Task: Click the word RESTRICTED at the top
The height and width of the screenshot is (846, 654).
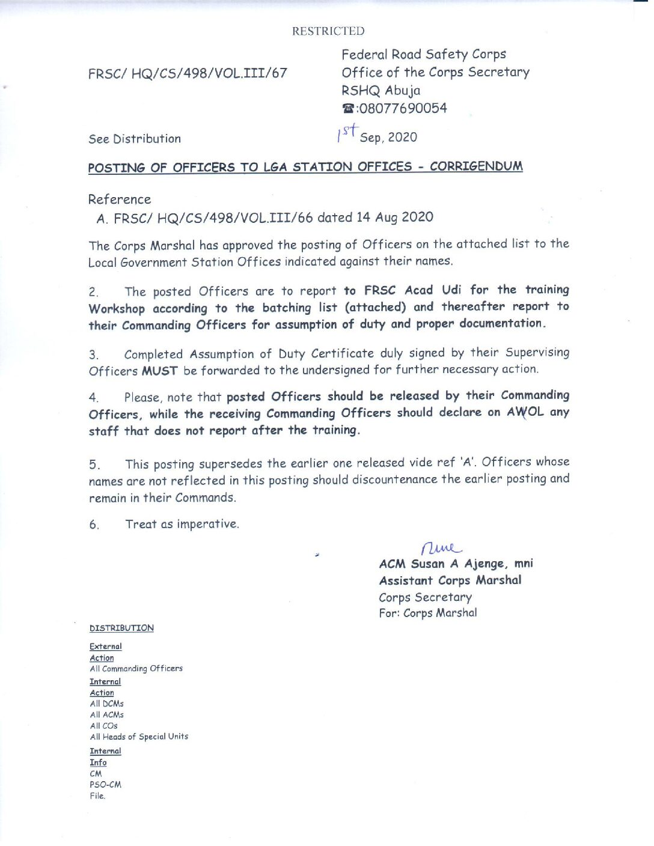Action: [328, 31]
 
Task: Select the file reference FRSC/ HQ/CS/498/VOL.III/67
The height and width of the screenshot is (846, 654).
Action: [188, 73]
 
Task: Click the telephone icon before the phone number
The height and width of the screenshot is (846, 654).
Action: [348, 109]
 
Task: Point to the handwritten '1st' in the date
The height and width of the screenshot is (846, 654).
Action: [347, 132]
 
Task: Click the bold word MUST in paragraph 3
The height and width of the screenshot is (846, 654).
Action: [159, 371]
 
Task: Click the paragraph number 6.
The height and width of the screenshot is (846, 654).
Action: [94, 525]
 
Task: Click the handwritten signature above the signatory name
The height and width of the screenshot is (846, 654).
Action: [441, 547]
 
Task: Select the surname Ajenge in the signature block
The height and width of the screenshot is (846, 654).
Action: [485, 564]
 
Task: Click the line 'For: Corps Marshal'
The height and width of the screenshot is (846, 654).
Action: [427, 613]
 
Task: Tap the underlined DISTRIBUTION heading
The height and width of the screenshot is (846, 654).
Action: [121, 628]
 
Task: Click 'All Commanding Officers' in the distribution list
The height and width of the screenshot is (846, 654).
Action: [136, 668]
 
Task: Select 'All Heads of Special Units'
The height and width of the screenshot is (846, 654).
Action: [139, 737]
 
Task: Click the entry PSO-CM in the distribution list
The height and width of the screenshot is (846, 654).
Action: [105, 785]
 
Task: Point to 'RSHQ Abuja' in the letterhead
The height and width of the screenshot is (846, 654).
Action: [381, 91]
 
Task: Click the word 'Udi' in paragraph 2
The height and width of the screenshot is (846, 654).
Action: [451, 290]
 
